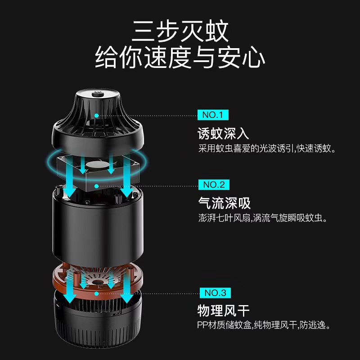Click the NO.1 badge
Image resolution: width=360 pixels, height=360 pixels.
coord(213,115)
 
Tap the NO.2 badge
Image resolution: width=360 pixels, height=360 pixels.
coord(214,184)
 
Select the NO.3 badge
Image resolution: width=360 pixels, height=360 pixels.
coord(215,293)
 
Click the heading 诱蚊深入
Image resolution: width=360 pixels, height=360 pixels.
coord(223,133)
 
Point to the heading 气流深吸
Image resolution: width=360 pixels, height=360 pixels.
coord(224,203)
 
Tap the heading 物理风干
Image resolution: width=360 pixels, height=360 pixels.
coord(223,310)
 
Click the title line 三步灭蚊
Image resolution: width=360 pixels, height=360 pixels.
coord(180,31)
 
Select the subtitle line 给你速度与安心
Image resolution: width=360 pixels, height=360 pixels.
coord(180,57)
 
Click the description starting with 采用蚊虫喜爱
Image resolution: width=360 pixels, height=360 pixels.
coord(267,148)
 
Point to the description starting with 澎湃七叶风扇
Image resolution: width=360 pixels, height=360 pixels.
coord(263,218)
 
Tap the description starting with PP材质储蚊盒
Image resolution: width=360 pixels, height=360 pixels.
coord(264,325)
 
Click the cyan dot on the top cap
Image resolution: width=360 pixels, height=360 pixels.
coord(97,116)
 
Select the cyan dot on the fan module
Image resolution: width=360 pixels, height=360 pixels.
coord(97,186)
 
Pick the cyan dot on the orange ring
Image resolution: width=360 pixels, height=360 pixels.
coord(97,294)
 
